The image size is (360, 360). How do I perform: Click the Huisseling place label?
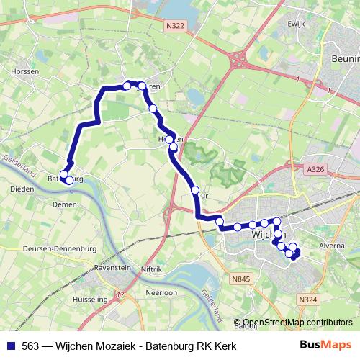point(90,298)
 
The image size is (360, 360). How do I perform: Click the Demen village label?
point(64,204)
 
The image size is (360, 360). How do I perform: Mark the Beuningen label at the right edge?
point(346,58)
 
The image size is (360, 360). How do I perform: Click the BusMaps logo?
point(325,345)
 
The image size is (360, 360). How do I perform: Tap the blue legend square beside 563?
point(10,346)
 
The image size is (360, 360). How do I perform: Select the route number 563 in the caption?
point(30,346)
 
